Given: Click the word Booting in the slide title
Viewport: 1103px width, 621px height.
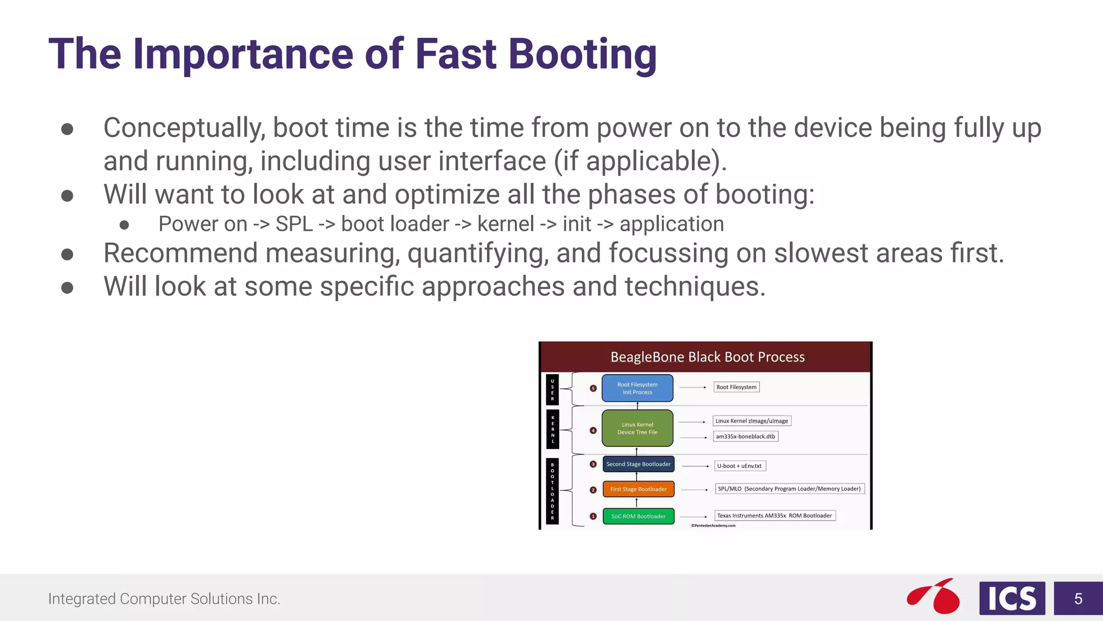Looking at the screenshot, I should pos(582,55).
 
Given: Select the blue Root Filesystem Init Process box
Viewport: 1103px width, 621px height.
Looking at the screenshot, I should pos(637,388).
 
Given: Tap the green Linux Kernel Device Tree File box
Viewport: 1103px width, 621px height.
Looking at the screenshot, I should pos(637,428).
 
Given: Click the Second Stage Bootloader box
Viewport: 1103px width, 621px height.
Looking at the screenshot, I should pos(638,464).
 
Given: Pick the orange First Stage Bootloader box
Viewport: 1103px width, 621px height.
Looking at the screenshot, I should pos(638,489).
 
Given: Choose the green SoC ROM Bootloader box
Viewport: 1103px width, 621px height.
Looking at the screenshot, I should pos(638,516).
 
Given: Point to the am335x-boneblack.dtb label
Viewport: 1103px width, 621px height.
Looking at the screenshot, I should pos(745,437).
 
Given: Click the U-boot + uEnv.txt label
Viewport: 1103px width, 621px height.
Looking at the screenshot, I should pos(739,466).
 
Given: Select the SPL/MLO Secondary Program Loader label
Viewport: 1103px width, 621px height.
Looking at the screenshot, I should pos(789,489).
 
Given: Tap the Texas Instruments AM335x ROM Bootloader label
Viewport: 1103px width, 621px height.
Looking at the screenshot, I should pos(774,516).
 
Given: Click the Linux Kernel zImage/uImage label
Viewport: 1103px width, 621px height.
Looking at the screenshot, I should pos(751,421).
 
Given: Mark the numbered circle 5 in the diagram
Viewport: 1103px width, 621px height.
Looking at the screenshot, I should pos(593,388).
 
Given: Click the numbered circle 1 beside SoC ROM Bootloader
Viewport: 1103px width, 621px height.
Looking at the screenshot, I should pos(593,516).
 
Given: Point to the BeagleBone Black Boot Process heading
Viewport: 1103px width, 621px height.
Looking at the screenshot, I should pos(707,357).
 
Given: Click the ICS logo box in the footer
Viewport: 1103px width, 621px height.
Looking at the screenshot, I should pos(1012,598).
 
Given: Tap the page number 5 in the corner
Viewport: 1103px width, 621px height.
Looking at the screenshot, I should pos(1078,598).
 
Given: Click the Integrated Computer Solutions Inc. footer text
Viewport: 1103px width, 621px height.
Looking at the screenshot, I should pos(164,599).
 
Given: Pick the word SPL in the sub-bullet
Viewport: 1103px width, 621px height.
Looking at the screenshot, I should pos(294,224).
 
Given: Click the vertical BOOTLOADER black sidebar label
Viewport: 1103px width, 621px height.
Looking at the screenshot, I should pos(553,491).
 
